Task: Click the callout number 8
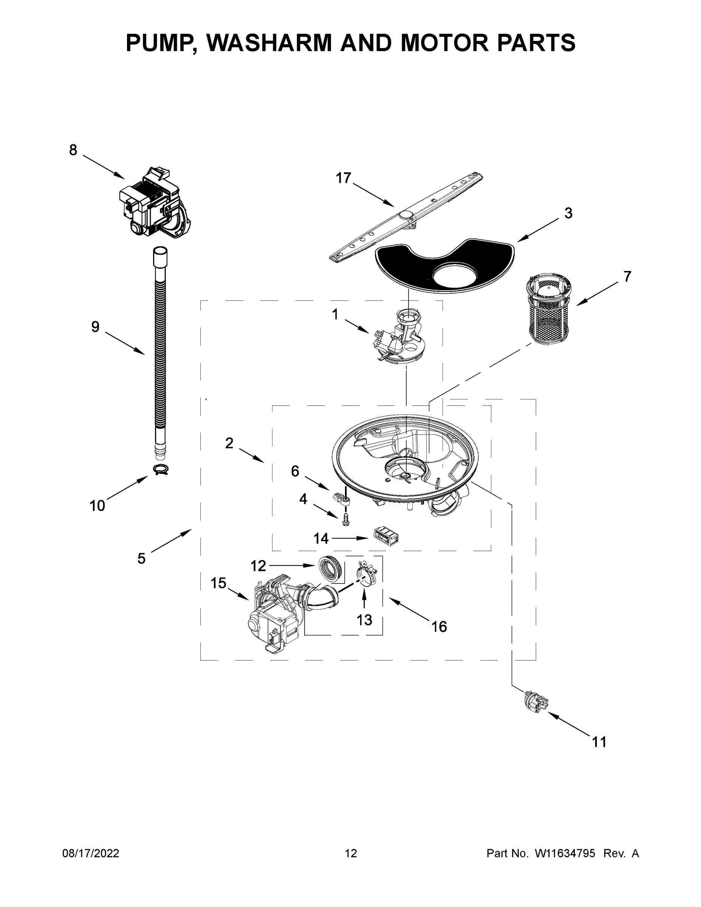click(x=73, y=150)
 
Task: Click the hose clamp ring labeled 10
click(x=161, y=470)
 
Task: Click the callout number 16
click(x=439, y=638)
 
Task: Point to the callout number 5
click(x=141, y=559)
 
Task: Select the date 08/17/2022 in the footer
click(x=91, y=853)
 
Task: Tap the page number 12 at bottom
click(x=351, y=853)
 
